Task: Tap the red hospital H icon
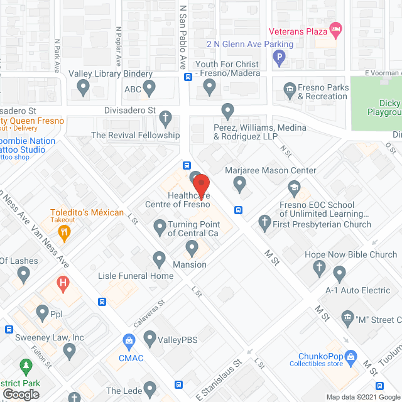click(63, 283)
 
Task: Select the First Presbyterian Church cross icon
click(264, 222)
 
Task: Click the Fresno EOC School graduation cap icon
click(294, 187)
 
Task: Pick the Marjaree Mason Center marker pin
click(239, 184)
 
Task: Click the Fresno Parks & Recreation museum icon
click(290, 89)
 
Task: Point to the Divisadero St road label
click(129, 110)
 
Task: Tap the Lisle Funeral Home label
click(136, 276)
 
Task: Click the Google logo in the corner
click(20, 394)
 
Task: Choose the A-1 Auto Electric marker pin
click(340, 274)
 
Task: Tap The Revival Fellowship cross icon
click(165, 117)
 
